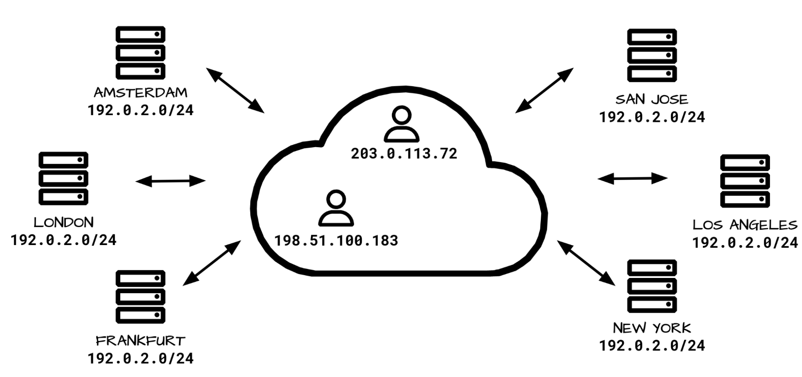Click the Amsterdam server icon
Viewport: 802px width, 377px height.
[x=140, y=53]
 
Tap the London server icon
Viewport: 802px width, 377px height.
[x=63, y=178]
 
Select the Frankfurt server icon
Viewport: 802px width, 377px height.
[x=140, y=296]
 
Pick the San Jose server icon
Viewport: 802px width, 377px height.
[x=652, y=55]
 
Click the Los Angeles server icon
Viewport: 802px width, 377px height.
[x=745, y=181]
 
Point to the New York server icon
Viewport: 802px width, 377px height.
[x=652, y=286]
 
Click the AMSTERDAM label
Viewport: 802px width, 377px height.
[x=140, y=93]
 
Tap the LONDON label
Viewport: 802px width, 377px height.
[x=63, y=222]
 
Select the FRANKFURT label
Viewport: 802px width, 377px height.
[x=140, y=341]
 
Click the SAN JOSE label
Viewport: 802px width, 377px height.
[x=652, y=99]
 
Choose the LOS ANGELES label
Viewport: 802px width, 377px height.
[x=745, y=225]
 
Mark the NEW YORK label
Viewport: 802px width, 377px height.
[x=652, y=328]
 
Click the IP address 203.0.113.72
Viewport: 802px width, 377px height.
[x=404, y=154]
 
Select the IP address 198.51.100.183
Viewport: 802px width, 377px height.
[x=336, y=241]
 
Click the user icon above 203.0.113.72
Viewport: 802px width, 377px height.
[x=402, y=124]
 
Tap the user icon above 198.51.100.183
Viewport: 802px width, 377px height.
[x=336, y=208]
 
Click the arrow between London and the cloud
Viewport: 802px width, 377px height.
[x=171, y=181]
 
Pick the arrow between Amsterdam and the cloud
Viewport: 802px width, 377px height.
[x=235, y=90]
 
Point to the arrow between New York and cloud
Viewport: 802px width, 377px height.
[x=586, y=263]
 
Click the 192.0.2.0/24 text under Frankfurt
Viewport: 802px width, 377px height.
[x=140, y=359]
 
